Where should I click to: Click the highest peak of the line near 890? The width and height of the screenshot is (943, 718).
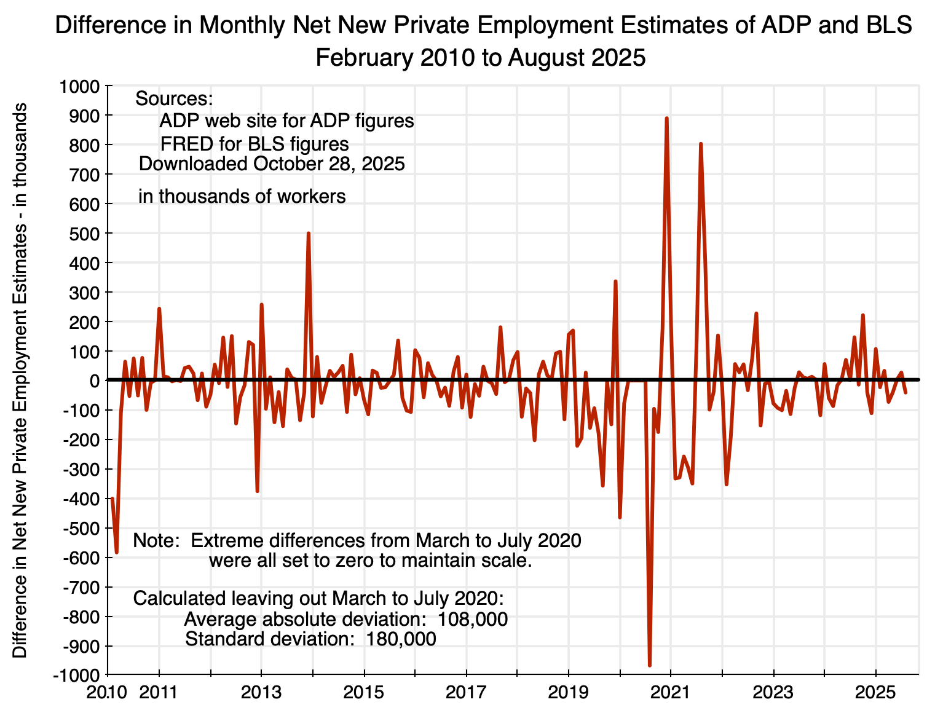(667, 118)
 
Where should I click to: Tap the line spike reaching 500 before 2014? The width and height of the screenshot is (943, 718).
(309, 234)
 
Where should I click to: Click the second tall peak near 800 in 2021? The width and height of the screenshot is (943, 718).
(701, 144)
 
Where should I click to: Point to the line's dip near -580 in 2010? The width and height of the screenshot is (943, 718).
(116, 552)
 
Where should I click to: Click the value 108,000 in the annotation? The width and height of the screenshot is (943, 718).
(473, 619)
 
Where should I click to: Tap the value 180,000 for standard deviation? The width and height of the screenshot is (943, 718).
(401, 639)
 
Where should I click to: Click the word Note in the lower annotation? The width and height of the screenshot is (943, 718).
(156, 541)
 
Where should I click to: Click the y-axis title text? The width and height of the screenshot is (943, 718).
(21, 381)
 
